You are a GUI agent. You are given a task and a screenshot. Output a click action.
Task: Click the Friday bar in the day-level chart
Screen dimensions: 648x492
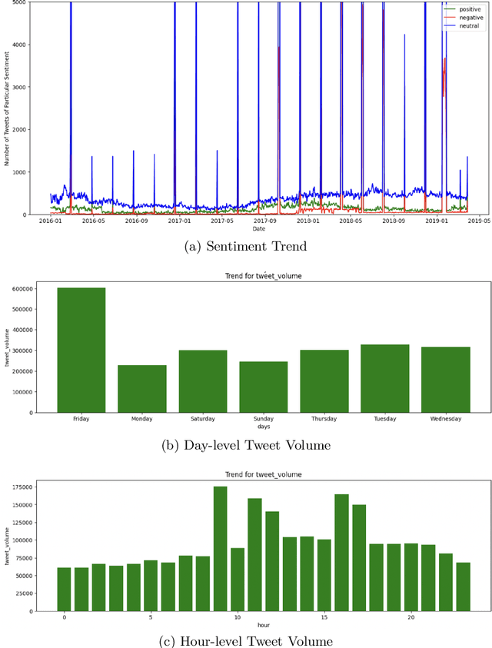81,350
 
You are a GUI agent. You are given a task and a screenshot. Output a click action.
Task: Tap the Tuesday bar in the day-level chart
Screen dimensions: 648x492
384,378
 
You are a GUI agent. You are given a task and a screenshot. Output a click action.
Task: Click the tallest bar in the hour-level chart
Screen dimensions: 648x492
220,549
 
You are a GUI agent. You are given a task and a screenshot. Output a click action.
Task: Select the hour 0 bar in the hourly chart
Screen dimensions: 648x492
64,589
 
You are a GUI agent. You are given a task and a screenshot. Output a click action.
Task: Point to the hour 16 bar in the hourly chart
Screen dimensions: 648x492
341,553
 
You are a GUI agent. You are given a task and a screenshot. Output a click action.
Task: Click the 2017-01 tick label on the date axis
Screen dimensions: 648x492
179,221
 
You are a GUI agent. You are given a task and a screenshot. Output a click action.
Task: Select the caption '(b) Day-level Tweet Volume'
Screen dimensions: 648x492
246,445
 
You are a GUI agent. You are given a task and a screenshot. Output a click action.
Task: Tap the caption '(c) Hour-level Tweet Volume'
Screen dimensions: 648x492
246,641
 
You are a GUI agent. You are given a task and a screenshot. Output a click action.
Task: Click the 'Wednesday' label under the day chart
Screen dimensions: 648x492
445,419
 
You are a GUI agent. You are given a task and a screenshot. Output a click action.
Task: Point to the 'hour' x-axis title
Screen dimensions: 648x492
263,624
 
